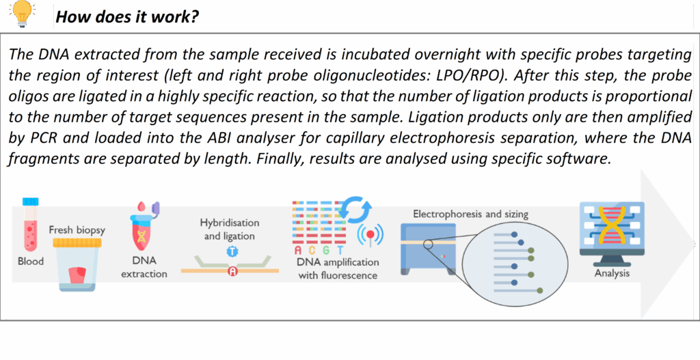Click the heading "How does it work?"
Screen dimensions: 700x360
pos(127,17)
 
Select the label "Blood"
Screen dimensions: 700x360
pos(31,261)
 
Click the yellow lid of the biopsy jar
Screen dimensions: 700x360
pos(77,243)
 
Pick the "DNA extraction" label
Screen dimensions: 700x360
pos(144,267)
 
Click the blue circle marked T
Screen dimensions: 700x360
pos(232,251)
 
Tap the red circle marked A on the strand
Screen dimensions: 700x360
pos(232,271)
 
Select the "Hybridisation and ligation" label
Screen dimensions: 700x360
pos(230,229)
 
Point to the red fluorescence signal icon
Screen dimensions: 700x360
pos(370,234)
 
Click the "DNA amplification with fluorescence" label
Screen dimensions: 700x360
pos(338,268)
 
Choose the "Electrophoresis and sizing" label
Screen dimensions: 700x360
pos(470,214)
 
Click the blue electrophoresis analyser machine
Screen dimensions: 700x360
pos(428,247)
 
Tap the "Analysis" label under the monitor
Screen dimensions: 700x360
pos(612,273)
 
